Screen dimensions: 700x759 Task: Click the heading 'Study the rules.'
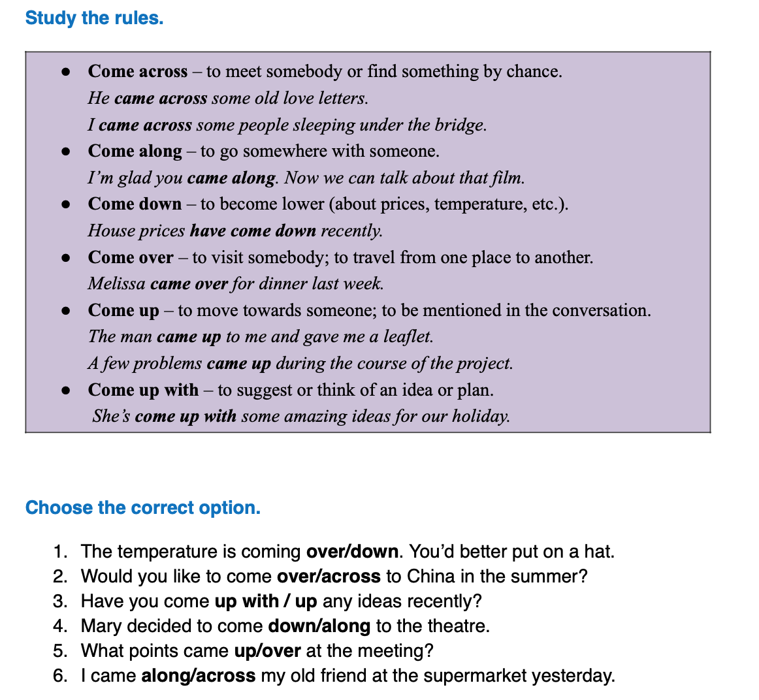[94, 18]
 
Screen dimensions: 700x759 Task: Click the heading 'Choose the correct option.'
[142, 507]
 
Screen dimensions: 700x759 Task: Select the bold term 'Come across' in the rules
[137, 71]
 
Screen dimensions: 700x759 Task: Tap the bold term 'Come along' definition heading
[135, 151]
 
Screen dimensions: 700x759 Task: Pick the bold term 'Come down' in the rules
[135, 204]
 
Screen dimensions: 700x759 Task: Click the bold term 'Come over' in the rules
[131, 257]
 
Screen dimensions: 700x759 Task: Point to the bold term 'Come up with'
[143, 390]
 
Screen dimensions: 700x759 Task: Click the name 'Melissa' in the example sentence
[116, 283]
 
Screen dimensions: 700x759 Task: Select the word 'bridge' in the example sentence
[462, 125]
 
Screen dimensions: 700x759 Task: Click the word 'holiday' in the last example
[483, 416]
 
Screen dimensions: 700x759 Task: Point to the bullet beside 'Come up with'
[65, 390]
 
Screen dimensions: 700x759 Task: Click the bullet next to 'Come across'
[65, 72]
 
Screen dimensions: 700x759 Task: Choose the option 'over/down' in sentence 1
[352, 552]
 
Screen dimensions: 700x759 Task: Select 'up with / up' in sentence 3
[265, 601]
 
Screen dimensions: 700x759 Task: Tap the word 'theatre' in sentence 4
[457, 626]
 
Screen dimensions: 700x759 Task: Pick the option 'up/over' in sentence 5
[267, 651]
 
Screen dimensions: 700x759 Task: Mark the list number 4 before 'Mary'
[60, 626]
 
